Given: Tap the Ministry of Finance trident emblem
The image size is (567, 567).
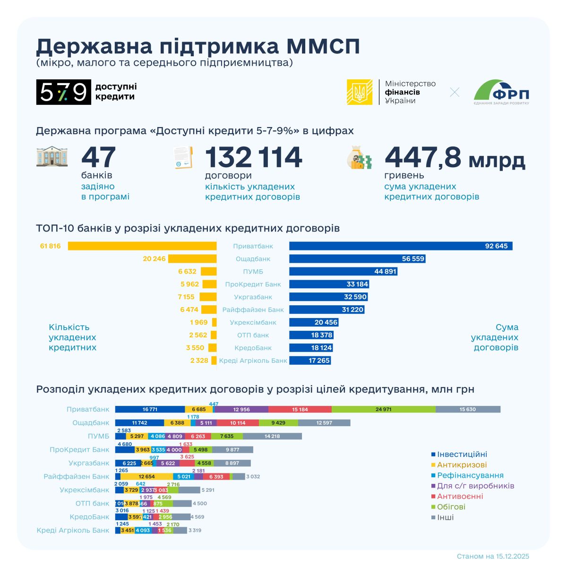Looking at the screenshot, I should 360,92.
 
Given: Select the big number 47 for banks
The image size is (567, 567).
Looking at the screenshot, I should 98,157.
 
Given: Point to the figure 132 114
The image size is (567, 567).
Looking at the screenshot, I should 253,157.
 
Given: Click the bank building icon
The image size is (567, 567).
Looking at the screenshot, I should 52,157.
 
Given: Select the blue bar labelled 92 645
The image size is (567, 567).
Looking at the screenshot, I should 401,246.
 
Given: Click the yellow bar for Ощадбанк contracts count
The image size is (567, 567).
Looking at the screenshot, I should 192,259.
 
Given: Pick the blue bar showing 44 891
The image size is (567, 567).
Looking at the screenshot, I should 343,272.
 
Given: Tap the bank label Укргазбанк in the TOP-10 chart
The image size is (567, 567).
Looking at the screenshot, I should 253,297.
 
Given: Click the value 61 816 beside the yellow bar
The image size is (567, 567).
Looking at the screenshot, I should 51,246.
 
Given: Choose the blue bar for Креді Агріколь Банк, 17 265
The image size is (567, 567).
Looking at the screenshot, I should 310,361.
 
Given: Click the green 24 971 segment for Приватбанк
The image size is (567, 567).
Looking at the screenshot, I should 383,409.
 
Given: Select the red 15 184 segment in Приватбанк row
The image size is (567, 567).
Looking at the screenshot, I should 300,409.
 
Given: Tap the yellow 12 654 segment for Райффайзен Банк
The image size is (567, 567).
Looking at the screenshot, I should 146,477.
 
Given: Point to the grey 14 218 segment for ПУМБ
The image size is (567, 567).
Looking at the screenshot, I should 272,436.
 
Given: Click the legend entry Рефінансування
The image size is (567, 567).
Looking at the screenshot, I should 470,475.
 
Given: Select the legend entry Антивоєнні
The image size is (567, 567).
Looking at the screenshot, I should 460,496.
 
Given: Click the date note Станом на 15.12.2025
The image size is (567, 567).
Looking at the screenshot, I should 493,556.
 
